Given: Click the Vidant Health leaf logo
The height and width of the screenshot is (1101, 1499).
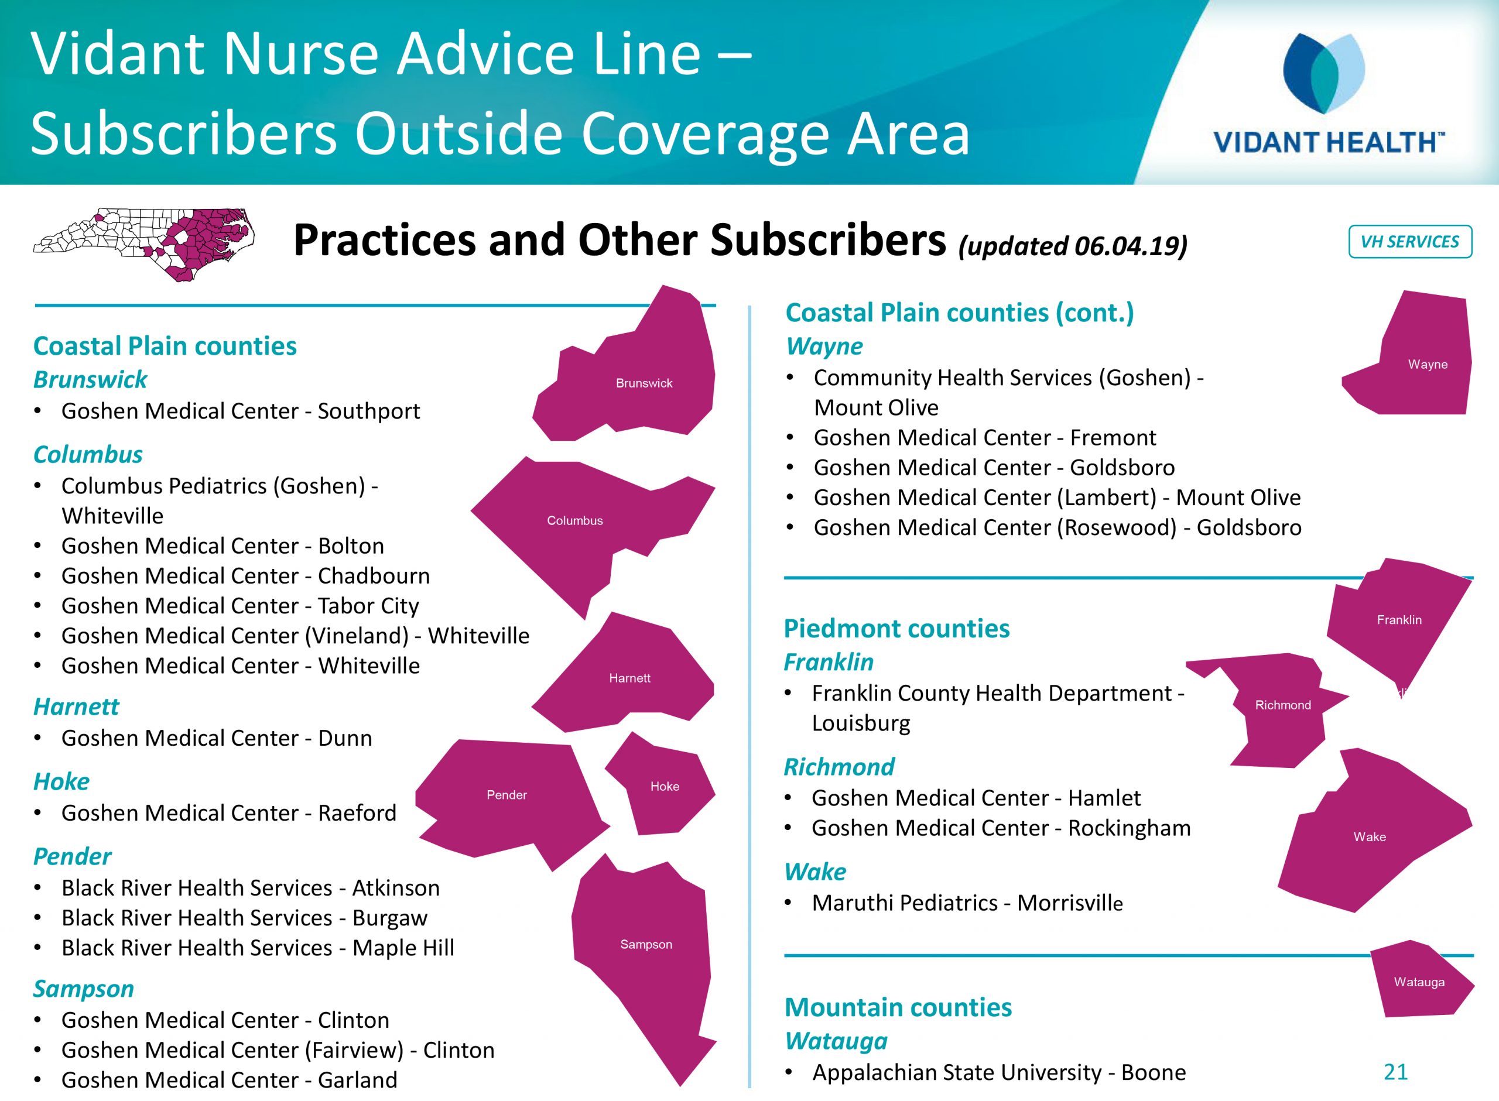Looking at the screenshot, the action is coord(1324,73).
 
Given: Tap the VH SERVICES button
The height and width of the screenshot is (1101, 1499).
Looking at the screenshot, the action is coord(1409,241).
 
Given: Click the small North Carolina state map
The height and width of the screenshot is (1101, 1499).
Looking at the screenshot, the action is coord(144,245).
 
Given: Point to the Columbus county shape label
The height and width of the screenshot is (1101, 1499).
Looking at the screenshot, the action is coord(574,520).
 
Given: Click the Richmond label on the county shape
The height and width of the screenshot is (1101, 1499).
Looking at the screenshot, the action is coord(1282,705).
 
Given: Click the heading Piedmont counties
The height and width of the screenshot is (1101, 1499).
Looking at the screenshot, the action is coord(896,629).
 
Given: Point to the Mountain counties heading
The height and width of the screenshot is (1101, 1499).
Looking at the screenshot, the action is coord(898,1007).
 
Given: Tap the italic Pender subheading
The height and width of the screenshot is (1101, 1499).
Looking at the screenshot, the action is coord(73,856).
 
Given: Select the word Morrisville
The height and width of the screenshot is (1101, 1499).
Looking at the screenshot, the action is coord(1070,903).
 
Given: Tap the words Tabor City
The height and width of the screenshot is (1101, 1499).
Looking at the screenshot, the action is coord(368,606).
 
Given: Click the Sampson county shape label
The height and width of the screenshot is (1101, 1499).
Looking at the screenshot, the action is coord(646,944).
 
